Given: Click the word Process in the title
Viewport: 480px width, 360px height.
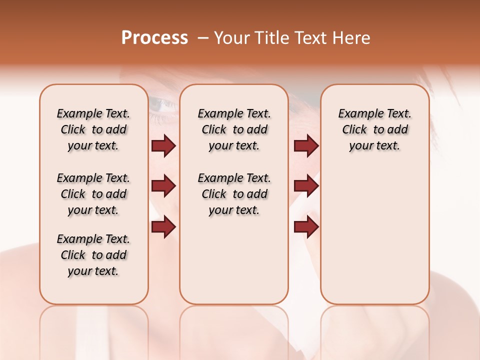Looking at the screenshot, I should point(154,38).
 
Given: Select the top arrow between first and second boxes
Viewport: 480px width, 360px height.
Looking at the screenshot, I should point(163,145).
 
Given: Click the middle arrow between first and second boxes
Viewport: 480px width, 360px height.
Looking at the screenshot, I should point(163,186).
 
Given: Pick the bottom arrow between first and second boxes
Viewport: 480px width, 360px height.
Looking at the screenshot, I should point(163,227).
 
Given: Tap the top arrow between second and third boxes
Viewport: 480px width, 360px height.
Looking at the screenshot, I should point(306,145).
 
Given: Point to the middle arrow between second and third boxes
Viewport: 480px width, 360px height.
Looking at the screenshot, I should point(306,186).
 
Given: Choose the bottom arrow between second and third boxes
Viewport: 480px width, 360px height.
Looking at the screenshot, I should point(306,227).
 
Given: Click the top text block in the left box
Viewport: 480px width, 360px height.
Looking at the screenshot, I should point(93,129).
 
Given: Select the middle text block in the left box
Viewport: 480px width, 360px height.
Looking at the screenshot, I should point(93,194).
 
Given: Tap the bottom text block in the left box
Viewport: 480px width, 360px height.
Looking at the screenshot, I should point(93,255).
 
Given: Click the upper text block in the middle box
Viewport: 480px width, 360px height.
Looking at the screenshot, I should point(234,129).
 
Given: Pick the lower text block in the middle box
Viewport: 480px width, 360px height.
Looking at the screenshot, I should point(234,194).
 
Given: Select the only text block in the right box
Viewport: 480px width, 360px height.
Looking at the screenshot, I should point(374,129).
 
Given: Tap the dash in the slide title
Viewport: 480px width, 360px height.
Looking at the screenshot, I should point(203,38).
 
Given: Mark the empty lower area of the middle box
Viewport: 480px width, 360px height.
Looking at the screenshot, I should point(234,260).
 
